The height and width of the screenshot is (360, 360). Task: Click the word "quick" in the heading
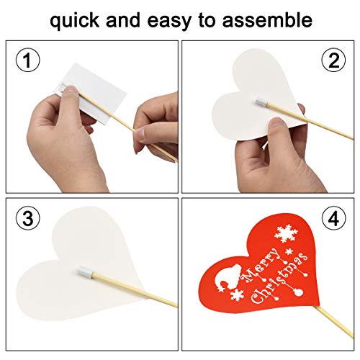74,21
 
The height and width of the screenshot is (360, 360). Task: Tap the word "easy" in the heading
169,22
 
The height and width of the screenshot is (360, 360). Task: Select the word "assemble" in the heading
267,19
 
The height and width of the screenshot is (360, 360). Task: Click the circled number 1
28,60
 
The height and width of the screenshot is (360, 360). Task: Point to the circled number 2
333,60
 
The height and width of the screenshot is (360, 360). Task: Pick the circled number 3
28,218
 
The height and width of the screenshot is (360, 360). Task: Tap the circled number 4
334,218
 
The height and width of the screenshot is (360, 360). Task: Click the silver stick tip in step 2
261,103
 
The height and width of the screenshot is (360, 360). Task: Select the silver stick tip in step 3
85,274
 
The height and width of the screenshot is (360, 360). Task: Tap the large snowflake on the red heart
286,233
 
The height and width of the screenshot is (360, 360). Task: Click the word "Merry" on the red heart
261,265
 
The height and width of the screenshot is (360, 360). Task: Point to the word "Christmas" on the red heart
279,278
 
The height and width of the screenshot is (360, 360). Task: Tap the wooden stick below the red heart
335,322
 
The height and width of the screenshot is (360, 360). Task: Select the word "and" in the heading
123,19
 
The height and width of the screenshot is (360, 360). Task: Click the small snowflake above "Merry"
289,252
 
